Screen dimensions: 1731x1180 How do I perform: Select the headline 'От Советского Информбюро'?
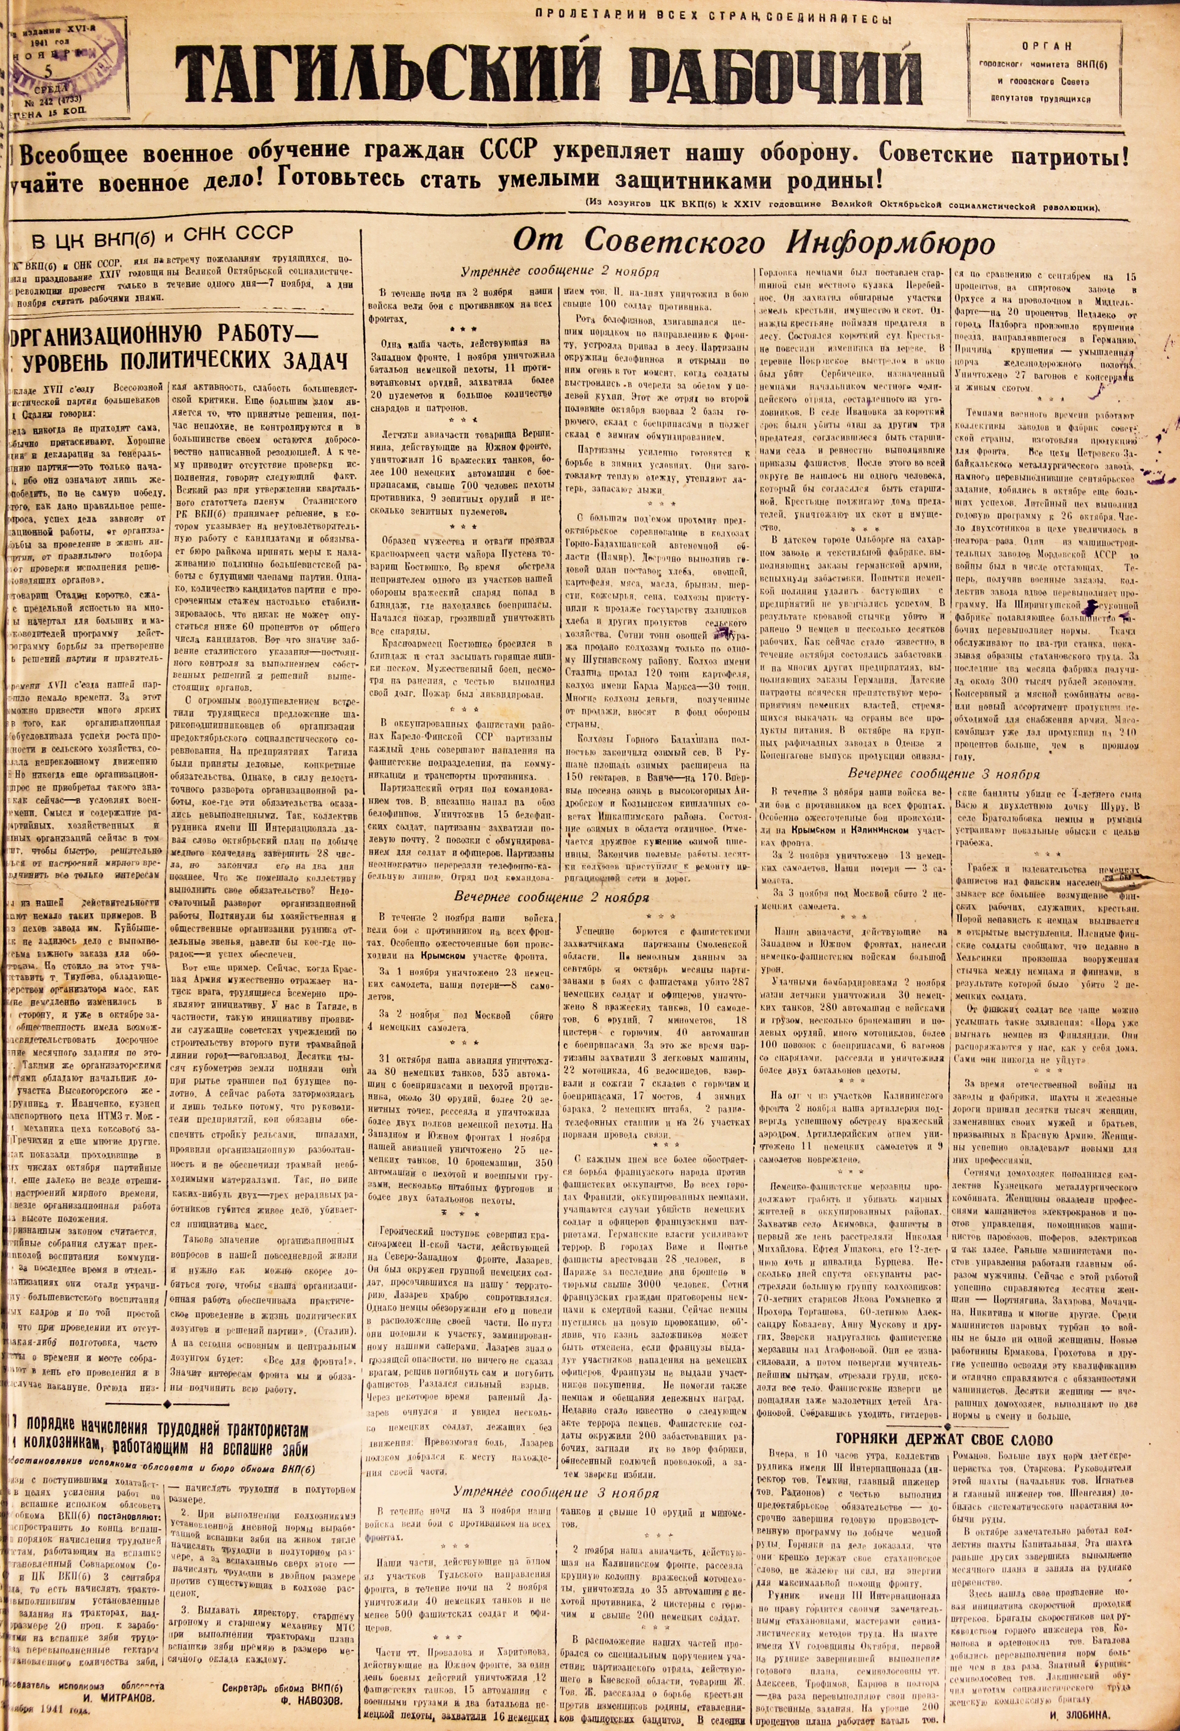752,240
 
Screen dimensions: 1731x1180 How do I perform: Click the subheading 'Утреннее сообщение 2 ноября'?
559,272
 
